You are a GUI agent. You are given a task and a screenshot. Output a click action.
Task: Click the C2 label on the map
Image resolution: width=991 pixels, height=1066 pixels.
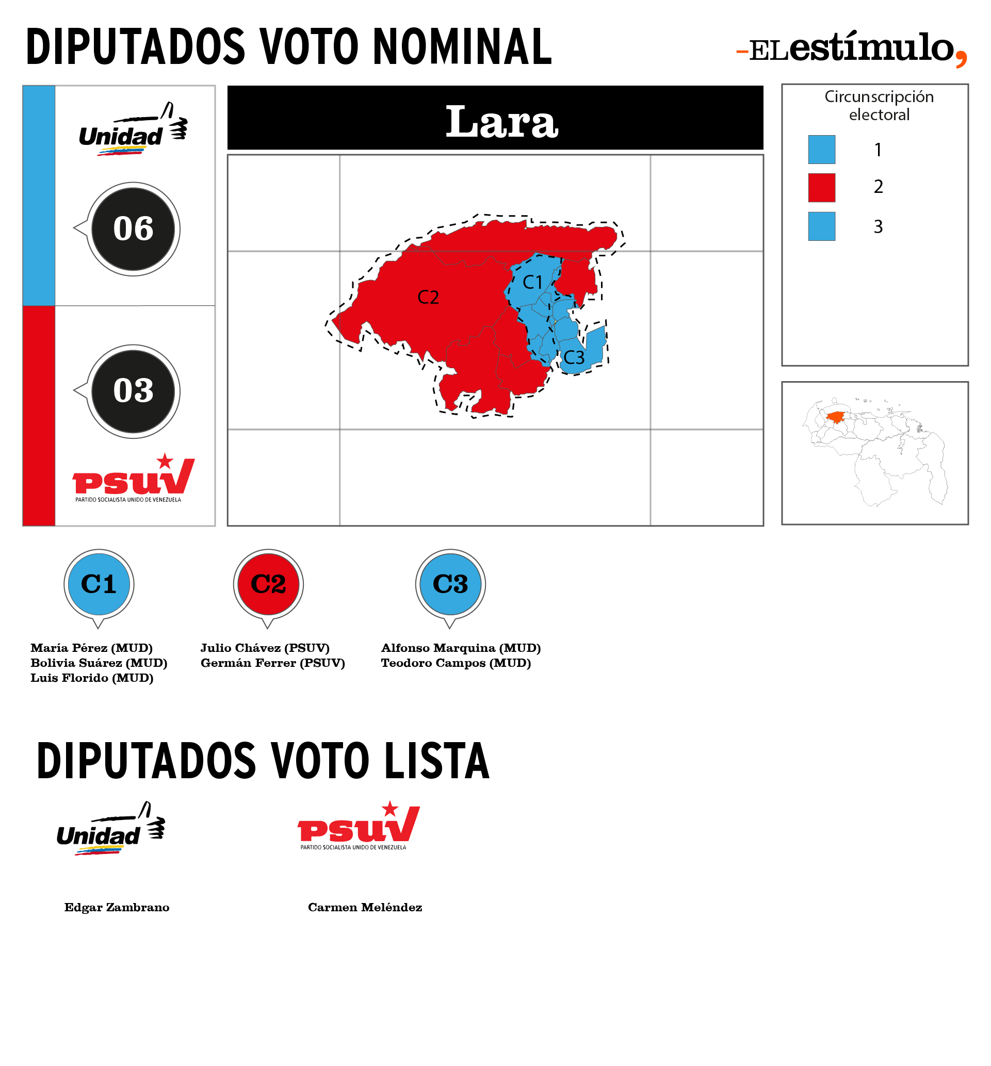(x=428, y=297)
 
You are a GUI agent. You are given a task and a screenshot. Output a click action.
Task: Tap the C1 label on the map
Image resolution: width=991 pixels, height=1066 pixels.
(x=532, y=282)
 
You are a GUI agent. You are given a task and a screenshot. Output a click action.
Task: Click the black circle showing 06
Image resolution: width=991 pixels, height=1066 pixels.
(x=133, y=229)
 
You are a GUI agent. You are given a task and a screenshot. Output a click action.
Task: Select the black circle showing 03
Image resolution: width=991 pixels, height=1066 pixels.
(x=133, y=391)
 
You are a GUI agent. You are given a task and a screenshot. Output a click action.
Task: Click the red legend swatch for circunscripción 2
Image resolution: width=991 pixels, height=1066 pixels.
(x=822, y=188)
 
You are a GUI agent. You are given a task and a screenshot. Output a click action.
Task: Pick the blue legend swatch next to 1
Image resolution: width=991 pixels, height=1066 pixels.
(x=822, y=150)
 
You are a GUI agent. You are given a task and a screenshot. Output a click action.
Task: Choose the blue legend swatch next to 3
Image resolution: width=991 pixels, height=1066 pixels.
(x=822, y=226)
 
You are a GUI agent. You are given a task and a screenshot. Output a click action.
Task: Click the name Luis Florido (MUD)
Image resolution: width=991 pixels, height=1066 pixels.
(x=92, y=678)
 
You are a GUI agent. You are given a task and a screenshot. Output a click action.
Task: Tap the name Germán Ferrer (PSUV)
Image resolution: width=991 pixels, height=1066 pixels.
(x=273, y=663)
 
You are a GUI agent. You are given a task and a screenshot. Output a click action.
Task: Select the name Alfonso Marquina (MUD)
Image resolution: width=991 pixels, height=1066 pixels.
(x=461, y=648)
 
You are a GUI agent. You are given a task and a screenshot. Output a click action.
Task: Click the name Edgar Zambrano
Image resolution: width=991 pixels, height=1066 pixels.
(x=117, y=908)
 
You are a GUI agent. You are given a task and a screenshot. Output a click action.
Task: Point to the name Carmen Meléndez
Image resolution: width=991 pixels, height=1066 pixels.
(x=365, y=908)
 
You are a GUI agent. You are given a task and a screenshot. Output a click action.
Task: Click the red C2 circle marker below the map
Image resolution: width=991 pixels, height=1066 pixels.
(x=268, y=584)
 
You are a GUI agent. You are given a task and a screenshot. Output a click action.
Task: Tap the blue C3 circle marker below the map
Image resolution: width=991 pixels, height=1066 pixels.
(x=450, y=584)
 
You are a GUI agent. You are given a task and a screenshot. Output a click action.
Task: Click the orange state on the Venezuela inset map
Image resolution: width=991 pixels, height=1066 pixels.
(x=835, y=417)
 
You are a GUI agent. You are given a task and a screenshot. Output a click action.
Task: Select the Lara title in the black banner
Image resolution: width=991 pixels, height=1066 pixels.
(x=502, y=121)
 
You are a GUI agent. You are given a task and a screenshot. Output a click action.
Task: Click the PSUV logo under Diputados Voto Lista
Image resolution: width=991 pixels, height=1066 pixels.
(x=359, y=826)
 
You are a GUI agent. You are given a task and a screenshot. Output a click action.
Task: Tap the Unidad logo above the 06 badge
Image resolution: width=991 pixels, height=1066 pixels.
(x=133, y=129)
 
